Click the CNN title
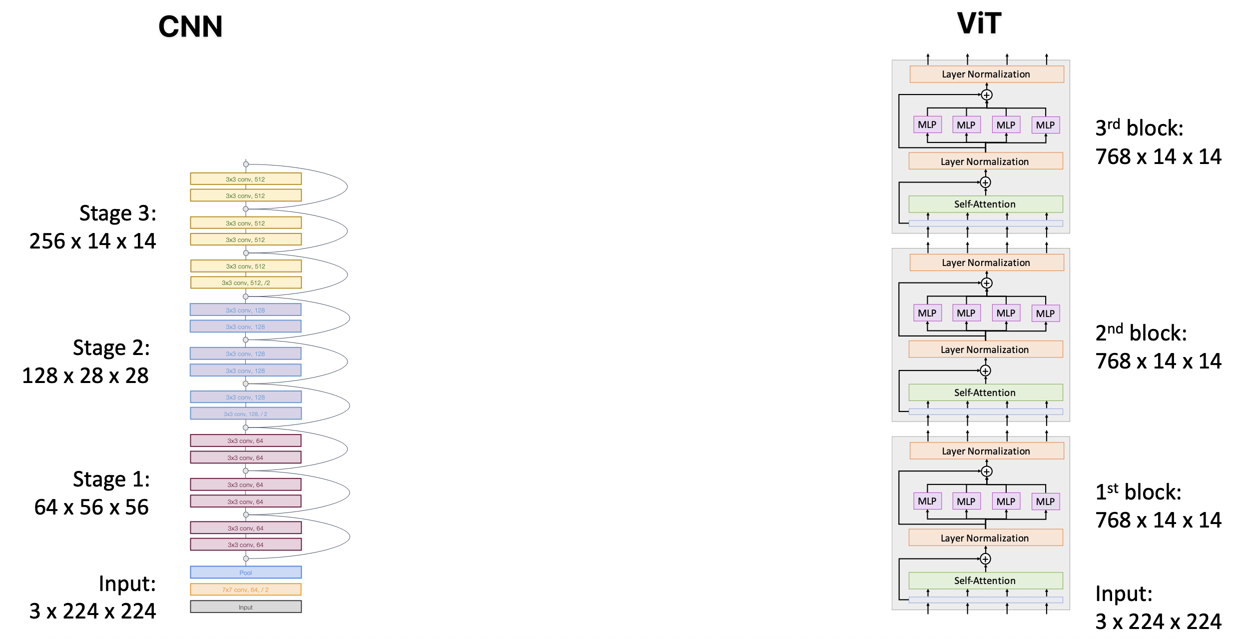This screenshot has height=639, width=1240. pos(190,26)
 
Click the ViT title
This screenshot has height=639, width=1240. pos(979,23)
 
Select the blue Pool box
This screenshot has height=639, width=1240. pos(245,572)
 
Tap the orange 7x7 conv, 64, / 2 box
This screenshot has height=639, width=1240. pos(245,589)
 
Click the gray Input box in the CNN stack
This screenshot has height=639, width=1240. pos(245,607)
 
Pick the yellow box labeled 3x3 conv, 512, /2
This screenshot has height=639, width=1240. pos(245,282)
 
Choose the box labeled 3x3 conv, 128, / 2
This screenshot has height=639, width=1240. pos(245,413)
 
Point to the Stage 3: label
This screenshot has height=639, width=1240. pos(117,213)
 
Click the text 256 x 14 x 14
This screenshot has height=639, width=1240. pos(92,241)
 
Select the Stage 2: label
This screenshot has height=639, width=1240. pos(111,348)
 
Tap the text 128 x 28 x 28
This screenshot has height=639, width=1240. pos(85,376)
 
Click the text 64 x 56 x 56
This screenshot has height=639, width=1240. pos(91,507)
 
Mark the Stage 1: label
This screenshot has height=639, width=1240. pos(111,479)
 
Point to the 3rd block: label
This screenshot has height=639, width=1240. pos(1139,128)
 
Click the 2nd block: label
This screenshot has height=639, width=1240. pos(1141,333)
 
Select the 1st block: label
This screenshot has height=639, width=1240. pos(1138,492)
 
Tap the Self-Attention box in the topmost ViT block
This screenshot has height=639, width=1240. pos(985,204)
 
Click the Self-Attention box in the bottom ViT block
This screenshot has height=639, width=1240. pos(985,580)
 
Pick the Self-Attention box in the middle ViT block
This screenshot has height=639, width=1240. pos(985,392)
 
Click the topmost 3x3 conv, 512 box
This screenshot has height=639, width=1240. pos(245,179)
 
